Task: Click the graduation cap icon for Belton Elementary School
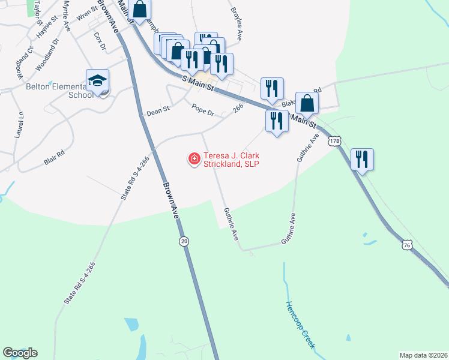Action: click(x=97, y=80)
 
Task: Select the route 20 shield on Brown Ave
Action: click(x=184, y=241)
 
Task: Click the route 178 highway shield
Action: click(x=334, y=141)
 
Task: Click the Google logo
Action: click(x=20, y=353)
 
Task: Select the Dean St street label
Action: click(x=158, y=112)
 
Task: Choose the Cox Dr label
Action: click(x=100, y=41)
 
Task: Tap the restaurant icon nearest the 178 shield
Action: click(x=361, y=159)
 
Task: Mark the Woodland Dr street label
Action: click(x=49, y=55)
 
